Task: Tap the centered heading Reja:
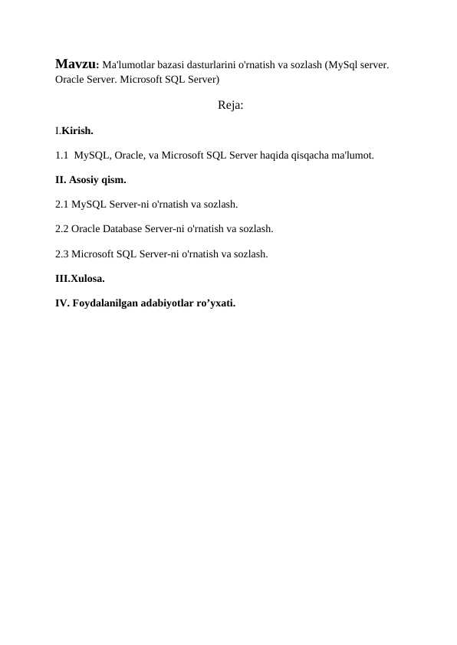[230, 105]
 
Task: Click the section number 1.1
[63, 156]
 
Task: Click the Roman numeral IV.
[61, 303]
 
